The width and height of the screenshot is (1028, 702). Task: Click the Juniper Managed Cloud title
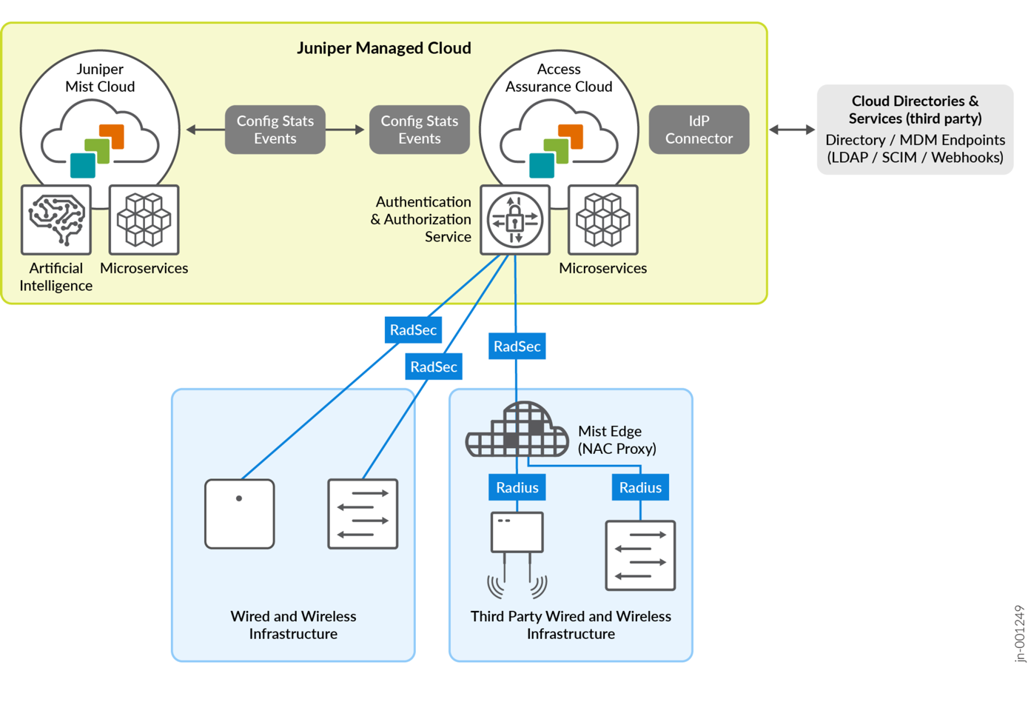383,48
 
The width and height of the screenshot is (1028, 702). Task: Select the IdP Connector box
699,130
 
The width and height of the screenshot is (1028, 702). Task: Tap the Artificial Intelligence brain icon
56,220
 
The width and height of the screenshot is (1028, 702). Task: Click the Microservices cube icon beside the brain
144,220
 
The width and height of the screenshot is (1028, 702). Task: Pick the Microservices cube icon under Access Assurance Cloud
602,220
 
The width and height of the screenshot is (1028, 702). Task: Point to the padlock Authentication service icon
515,220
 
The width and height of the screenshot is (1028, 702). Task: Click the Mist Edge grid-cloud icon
517,430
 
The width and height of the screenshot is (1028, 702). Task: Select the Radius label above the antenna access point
517,487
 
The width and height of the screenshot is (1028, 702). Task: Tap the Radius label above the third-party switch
640,487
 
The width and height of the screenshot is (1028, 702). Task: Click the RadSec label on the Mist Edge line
517,346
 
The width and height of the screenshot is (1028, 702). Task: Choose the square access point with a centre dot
240,514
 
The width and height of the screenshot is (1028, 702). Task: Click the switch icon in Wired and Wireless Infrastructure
363,514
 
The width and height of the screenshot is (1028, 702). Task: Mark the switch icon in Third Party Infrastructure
640,555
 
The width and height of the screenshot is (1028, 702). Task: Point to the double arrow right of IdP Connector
792,130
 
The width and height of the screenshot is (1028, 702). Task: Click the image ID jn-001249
1020,634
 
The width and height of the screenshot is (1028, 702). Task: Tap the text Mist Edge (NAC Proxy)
617,440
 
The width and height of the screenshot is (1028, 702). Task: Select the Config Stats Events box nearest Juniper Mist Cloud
275,130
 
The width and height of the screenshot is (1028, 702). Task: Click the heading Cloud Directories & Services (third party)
915,110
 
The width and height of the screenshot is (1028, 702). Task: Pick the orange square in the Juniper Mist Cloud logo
112,136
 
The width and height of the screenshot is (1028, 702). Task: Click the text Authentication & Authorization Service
421,219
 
